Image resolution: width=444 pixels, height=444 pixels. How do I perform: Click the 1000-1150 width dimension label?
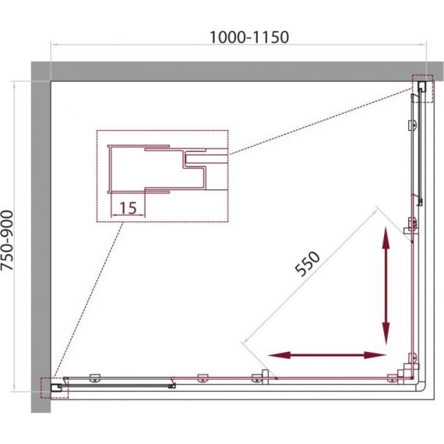coord(249,37)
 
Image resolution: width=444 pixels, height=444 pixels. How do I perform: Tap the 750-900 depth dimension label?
coord(7,241)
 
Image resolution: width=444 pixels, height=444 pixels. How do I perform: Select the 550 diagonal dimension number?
coord(307,263)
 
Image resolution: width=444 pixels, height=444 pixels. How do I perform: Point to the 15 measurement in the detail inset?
coord(129,208)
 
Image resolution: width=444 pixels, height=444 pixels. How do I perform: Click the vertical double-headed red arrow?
coord(386,286)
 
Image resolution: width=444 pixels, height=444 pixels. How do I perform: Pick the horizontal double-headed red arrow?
coord(327,355)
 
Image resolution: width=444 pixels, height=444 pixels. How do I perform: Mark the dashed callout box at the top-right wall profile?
coord(422,89)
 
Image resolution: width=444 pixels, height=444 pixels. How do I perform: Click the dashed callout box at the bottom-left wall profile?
coord(55,388)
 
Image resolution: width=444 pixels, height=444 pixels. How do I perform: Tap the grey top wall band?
coord(238,72)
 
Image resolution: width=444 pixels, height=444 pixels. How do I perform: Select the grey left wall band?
coord(41,238)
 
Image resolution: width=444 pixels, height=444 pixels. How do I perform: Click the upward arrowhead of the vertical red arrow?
coord(386,238)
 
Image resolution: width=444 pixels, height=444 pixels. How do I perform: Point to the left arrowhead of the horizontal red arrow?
coord(279,355)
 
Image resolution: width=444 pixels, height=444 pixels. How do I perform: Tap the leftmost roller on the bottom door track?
coord(95,378)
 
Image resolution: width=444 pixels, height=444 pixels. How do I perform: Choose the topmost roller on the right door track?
coord(413,125)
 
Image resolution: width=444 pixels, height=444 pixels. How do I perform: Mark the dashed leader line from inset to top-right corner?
coord(320,122)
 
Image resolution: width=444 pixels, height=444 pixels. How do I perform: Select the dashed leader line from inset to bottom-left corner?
coord(88,300)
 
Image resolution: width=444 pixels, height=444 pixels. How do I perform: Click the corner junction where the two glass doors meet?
coord(412,378)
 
